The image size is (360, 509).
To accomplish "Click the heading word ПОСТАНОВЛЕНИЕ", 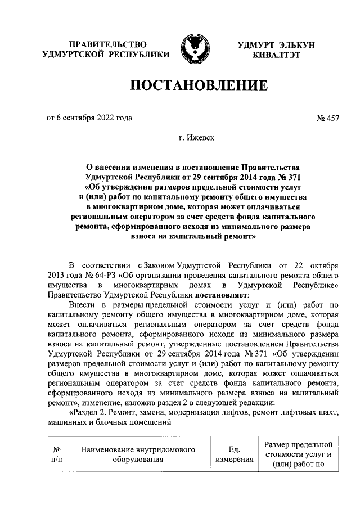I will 198,86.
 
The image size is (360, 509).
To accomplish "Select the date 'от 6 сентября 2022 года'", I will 89,118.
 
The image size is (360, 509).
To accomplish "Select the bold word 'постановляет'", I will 224,294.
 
